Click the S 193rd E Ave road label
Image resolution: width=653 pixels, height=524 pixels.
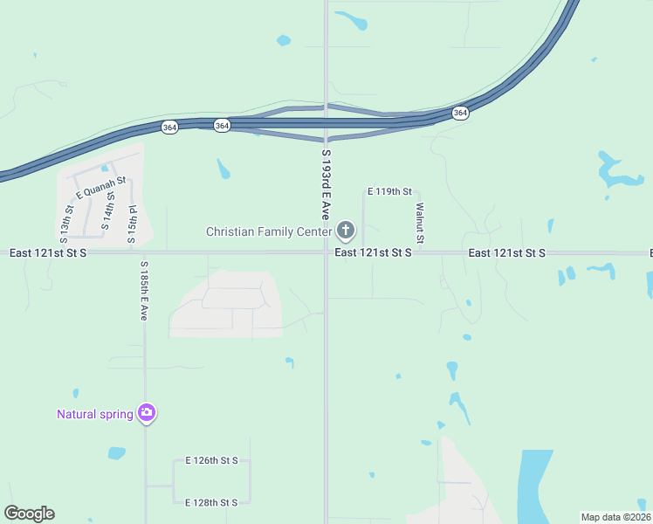point(326,183)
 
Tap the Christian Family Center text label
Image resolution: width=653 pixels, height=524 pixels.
point(268,231)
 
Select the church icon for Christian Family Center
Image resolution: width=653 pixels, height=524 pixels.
point(346,231)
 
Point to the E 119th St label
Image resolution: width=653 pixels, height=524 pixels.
point(388,190)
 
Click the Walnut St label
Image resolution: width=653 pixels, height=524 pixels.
point(420,223)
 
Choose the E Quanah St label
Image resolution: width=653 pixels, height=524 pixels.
point(101,187)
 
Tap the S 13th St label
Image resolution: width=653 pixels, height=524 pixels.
point(65,224)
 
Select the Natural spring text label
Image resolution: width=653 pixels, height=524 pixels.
point(94,414)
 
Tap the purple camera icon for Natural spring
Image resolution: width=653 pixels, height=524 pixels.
point(147,413)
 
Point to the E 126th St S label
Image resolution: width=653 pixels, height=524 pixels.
point(211,460)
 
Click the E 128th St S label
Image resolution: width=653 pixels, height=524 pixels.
point(211,502)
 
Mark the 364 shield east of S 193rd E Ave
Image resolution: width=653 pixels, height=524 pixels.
point(460,113)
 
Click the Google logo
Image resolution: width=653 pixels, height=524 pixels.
point(29,514)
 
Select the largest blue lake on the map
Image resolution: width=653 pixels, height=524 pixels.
point(533,486)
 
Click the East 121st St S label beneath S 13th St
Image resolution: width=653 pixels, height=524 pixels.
point(48,252)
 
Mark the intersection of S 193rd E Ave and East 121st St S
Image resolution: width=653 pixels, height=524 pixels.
point(326,252)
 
